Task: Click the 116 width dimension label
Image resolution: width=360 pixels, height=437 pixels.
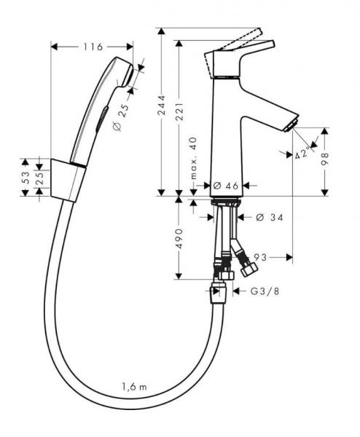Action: coord(93,47)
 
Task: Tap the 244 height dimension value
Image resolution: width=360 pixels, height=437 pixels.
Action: coord(162,105)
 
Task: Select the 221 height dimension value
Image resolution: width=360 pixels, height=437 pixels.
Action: coord(180,111)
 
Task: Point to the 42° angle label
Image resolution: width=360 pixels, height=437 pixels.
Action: coord(302,152)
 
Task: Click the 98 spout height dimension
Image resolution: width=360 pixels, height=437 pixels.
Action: coord(324,159)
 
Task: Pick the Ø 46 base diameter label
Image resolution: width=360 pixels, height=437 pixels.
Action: coord(226,186)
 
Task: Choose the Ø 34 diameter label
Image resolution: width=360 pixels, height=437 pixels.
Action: coord(270,217)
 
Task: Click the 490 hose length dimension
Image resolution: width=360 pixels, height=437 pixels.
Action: coord(180,239)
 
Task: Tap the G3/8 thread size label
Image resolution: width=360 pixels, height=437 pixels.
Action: coord(265,291)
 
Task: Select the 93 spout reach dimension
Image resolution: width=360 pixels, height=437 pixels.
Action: coord(260,257)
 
